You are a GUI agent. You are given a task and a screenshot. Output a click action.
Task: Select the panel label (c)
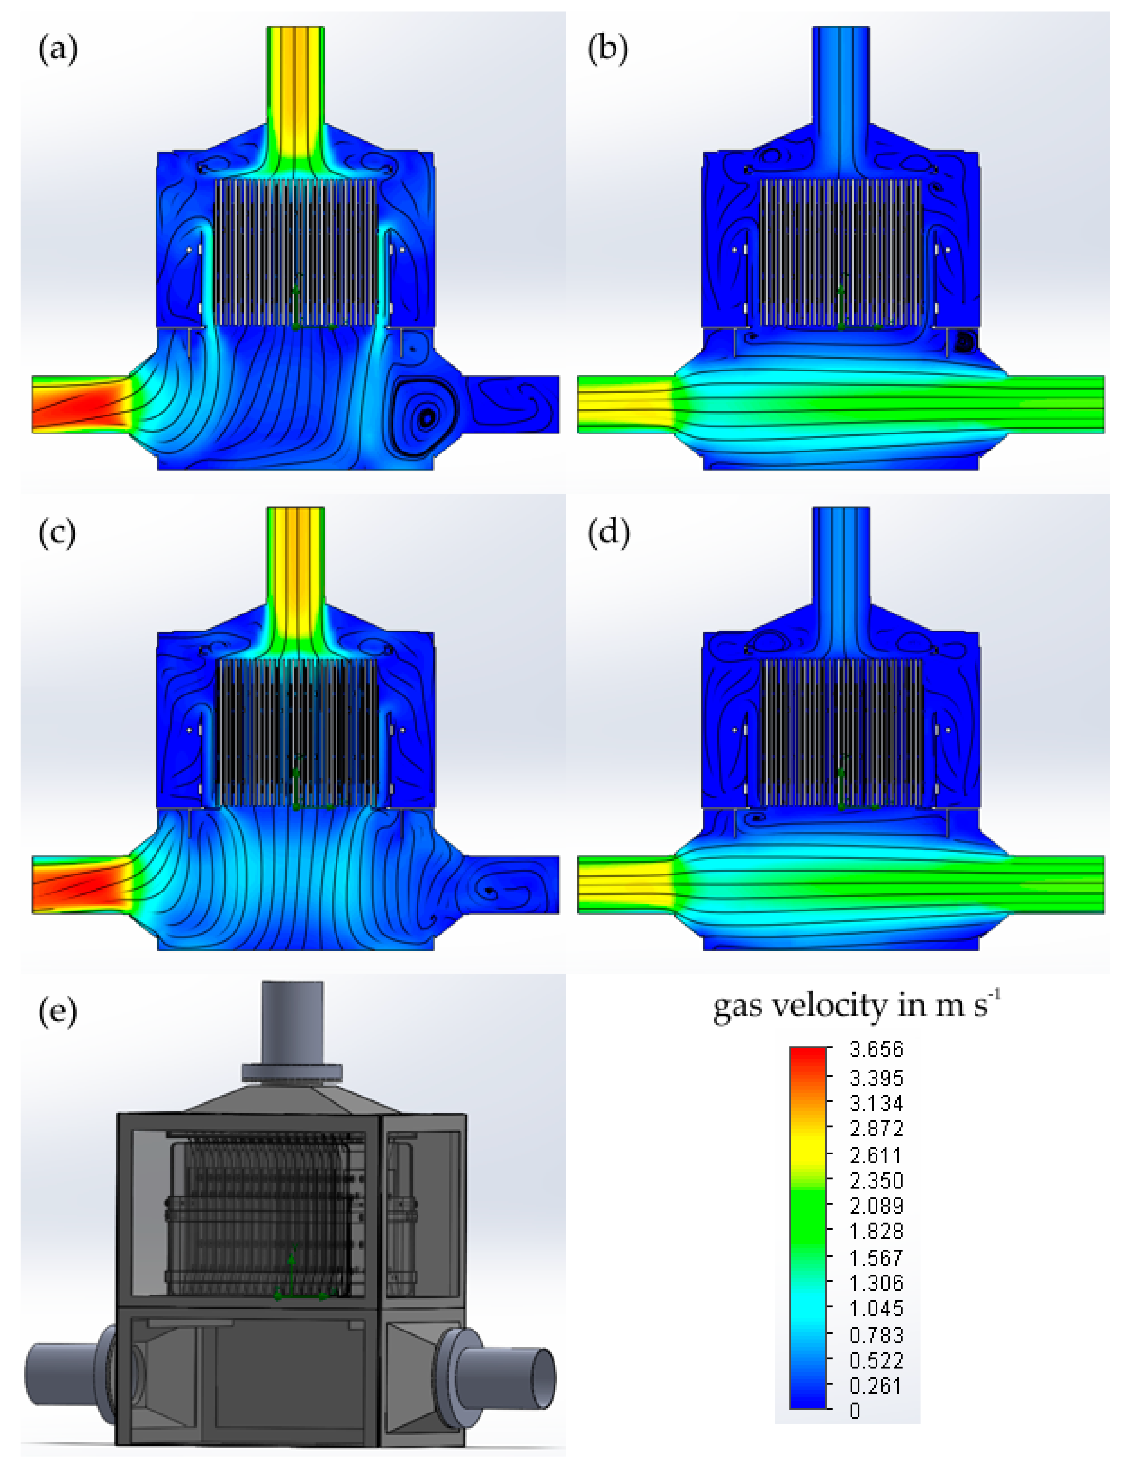click(57, 534)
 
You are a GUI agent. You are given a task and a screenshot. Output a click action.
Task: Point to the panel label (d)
click(608, 534)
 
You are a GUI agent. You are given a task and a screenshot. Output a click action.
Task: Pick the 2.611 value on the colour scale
click(876, 1156)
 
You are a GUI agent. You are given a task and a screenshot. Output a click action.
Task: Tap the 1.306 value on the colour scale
click(876, 1283)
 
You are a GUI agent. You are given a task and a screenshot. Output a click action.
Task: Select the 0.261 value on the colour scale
click(876, 1386)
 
